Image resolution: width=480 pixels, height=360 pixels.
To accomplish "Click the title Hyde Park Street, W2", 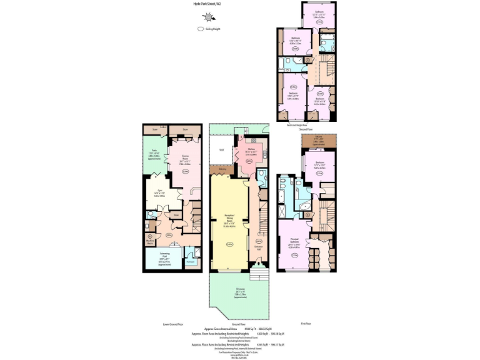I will pyautogui.click(x=207, y=4).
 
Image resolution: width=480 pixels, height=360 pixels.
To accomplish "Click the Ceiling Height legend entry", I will pyautogui.click(x=211, y=29).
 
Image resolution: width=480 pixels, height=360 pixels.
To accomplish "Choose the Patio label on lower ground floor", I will pyautogui.click(x=154, y=154).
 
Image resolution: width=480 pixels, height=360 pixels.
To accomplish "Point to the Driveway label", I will pyautogui.click(x=241, y=292).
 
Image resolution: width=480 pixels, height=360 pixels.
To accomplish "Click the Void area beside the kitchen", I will pyautogui.click(x=221, y=150).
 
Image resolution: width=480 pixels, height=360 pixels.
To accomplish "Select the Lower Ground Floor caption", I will pyautogui.click(x=172, y=324).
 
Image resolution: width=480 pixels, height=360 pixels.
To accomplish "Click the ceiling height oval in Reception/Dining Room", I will pyautogui.click(x=229, y=244).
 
